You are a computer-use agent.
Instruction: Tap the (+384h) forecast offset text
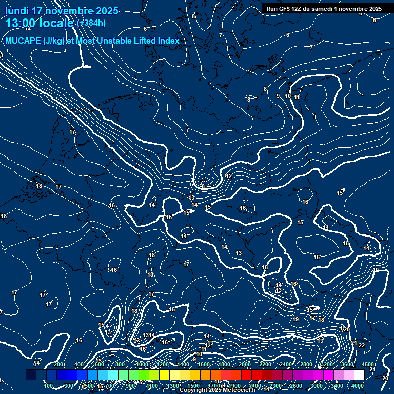pos(91,23)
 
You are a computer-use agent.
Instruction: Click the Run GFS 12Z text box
pos(324,9)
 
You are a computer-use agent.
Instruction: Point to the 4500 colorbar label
pos(367,364)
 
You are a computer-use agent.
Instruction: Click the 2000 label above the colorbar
pos(245,364)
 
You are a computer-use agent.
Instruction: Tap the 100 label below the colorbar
pos(49,386)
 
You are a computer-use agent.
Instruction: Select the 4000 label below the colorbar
pos(358,386)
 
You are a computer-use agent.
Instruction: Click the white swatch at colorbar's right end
pos(359,375)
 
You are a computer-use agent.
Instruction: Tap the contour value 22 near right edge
pos(362,345)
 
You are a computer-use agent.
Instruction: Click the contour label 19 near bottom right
pos(295,320)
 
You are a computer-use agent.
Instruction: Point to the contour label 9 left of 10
pos(278,96)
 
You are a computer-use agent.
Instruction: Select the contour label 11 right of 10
pos(297,97)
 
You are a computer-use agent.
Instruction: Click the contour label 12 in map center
pos(229,176)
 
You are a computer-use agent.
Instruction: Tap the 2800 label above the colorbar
pos(306,364)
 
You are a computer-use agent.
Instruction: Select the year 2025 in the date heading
pos(106,11)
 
